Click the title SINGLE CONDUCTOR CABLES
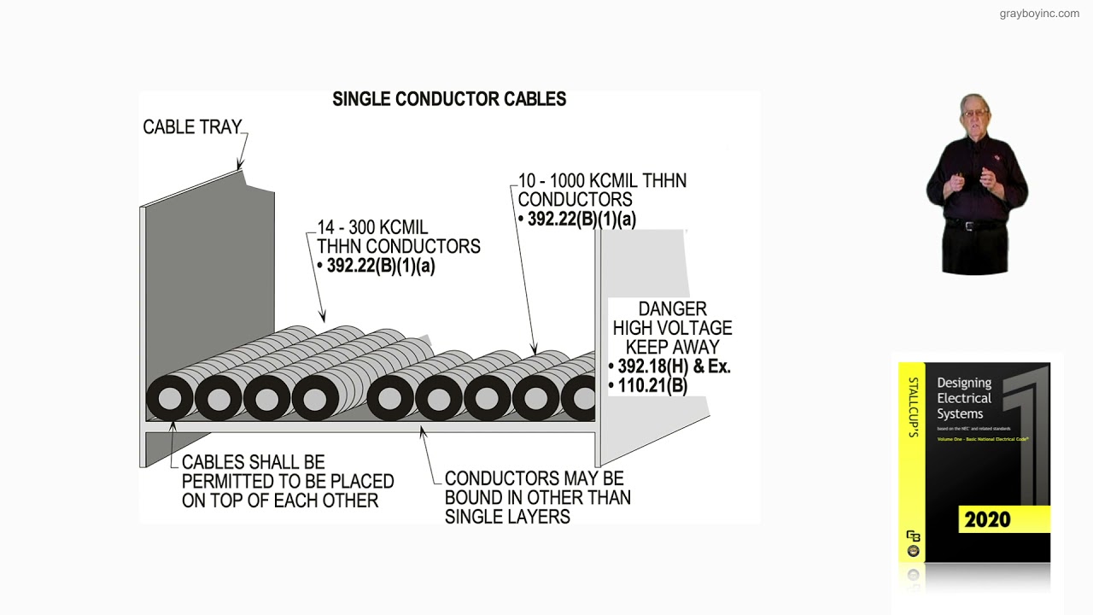point(449,99)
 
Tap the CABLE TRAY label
point(192,127)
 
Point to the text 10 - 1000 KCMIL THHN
point(602,181)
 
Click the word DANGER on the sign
point(672,309)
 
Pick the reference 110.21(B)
point(652,385)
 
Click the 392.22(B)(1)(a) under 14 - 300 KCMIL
point(381,266)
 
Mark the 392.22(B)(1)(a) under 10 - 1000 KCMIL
point(582,219)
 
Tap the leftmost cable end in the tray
point(170,399)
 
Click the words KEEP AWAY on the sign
point(672,347)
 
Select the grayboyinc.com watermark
point(1039,14)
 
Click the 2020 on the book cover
point(987,519)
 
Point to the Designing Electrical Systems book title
point(964,398)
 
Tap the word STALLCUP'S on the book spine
point(913,407)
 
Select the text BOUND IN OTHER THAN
point(537,497)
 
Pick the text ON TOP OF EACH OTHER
point(280,501)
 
